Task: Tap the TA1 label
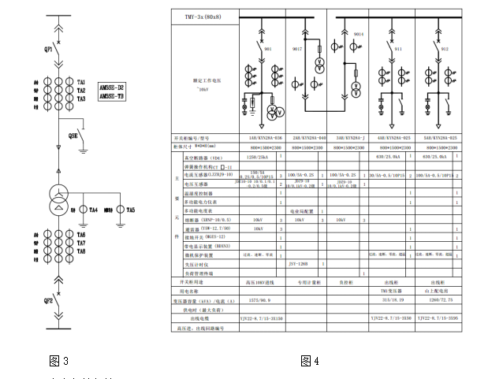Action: (x=81, y=83)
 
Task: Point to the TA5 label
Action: (x=131, y=210)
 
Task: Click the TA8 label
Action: (x=81, y=251)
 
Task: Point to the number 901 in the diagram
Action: (x=268, y=48)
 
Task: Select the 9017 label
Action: (x=297, y=49)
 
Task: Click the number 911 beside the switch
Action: (x=399, y=48)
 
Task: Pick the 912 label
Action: (x=445, y=48)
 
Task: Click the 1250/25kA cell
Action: (x=259, y=157)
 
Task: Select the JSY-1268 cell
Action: (x=297, y=262)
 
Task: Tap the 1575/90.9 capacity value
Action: (x=259, y=300)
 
